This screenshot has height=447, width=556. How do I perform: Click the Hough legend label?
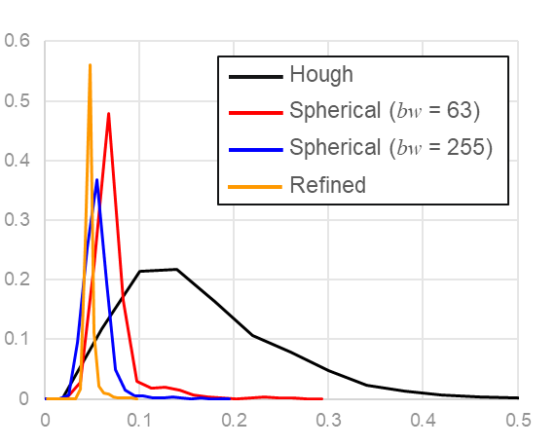(321, 75)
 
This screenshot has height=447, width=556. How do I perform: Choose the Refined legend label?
(327, 184)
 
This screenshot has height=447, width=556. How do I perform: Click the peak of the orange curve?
(90, 65)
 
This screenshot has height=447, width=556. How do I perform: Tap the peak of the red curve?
(108, 113)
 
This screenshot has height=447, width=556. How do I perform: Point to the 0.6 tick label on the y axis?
(18, 41)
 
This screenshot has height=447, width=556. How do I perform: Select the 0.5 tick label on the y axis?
(18, 100)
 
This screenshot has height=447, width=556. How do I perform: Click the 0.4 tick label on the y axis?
(18, 161)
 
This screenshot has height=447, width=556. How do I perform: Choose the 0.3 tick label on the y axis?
(18, 220)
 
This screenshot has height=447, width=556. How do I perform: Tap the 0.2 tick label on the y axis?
(18, 279)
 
